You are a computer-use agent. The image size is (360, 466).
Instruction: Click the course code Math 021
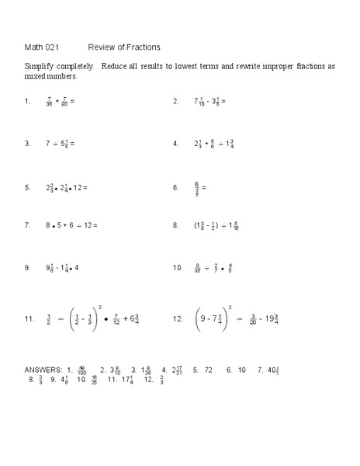pos(41,47)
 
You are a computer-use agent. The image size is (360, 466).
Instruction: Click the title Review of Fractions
pos(124,47)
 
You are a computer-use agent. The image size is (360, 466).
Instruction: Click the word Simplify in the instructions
pos(41,67)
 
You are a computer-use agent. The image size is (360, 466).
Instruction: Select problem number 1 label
pos(27,101)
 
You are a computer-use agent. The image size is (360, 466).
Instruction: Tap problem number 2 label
pos(176,101)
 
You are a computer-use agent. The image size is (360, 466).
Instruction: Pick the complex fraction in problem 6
pos(198,187)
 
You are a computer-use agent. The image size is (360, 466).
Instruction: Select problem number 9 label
pos(27,268)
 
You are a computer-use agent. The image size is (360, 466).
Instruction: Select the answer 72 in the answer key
pos(208,369)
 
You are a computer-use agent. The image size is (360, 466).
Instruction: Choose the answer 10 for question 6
pos(242,369)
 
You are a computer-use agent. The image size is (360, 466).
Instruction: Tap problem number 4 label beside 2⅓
pos(176,144)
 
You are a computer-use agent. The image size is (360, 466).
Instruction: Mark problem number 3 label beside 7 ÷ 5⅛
pos(27,144)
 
